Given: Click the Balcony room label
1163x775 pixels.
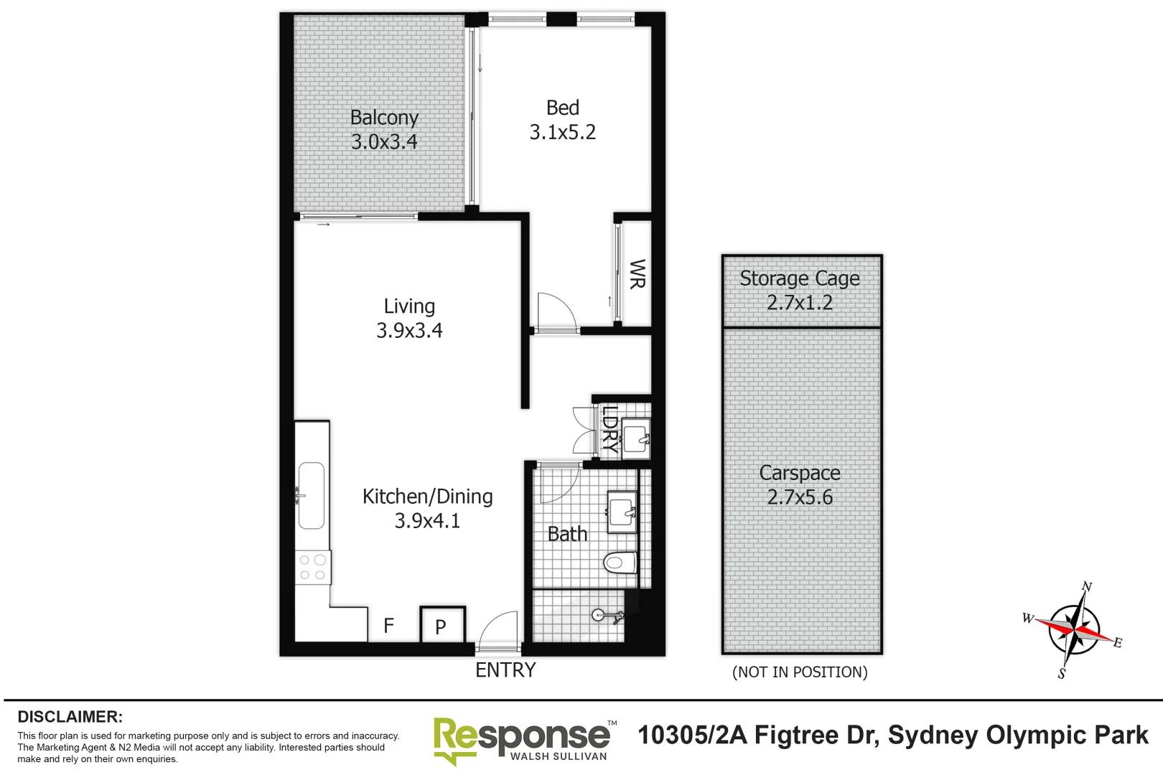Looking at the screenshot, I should [384, 118].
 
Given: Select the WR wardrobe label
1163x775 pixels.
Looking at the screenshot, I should [636, 274].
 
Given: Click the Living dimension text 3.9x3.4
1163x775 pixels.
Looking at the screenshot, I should [409, 331].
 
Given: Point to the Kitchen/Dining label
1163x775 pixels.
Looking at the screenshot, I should [427, 497].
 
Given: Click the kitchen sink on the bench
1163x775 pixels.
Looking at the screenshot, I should [312, 495].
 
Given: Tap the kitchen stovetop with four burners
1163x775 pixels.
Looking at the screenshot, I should [312, 567].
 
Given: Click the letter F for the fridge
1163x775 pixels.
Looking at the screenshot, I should [388, 626].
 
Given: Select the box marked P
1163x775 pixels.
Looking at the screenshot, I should [442, 626].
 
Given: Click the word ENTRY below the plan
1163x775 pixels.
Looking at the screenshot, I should [505, 670].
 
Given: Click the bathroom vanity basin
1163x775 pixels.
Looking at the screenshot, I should [622, 512].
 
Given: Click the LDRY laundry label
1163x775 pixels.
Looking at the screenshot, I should [609, 428].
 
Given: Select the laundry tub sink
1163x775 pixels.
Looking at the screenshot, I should [635, 437].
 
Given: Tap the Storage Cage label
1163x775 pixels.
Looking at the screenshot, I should [799, 278].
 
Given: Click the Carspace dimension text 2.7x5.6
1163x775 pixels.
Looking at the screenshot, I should [799, 497].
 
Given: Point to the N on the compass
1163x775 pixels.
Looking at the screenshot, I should [1086, 587].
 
